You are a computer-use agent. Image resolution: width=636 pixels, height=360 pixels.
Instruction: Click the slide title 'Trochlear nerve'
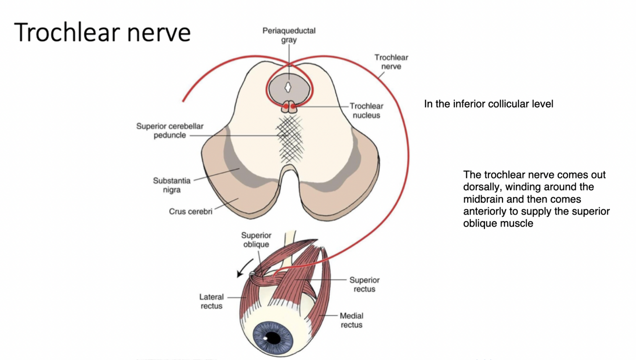coord(103,32)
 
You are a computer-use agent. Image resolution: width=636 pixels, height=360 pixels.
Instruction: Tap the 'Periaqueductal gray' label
coord(289,35)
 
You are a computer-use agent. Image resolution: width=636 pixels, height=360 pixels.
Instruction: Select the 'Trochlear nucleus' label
coord(366,111)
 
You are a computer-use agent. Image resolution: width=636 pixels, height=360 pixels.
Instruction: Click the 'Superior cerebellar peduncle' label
coord(170,131)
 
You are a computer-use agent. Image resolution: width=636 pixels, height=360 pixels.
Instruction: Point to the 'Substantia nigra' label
coord(172,185)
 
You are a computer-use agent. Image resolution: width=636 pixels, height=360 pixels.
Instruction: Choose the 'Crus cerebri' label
coord(191,211)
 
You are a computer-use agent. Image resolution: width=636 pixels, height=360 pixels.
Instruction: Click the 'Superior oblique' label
coord(256,240)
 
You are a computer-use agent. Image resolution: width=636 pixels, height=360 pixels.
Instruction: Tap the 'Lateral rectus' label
coord(211,301)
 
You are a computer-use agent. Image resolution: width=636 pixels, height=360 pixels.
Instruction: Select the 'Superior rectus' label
coord(365,284)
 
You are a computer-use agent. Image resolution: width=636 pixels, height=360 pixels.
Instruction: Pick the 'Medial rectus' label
coord(351,320)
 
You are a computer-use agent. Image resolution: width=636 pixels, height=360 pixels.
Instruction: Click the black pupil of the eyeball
coord(273,338)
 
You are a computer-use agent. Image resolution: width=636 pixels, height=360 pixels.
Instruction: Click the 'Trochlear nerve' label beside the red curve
coord(391,62)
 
